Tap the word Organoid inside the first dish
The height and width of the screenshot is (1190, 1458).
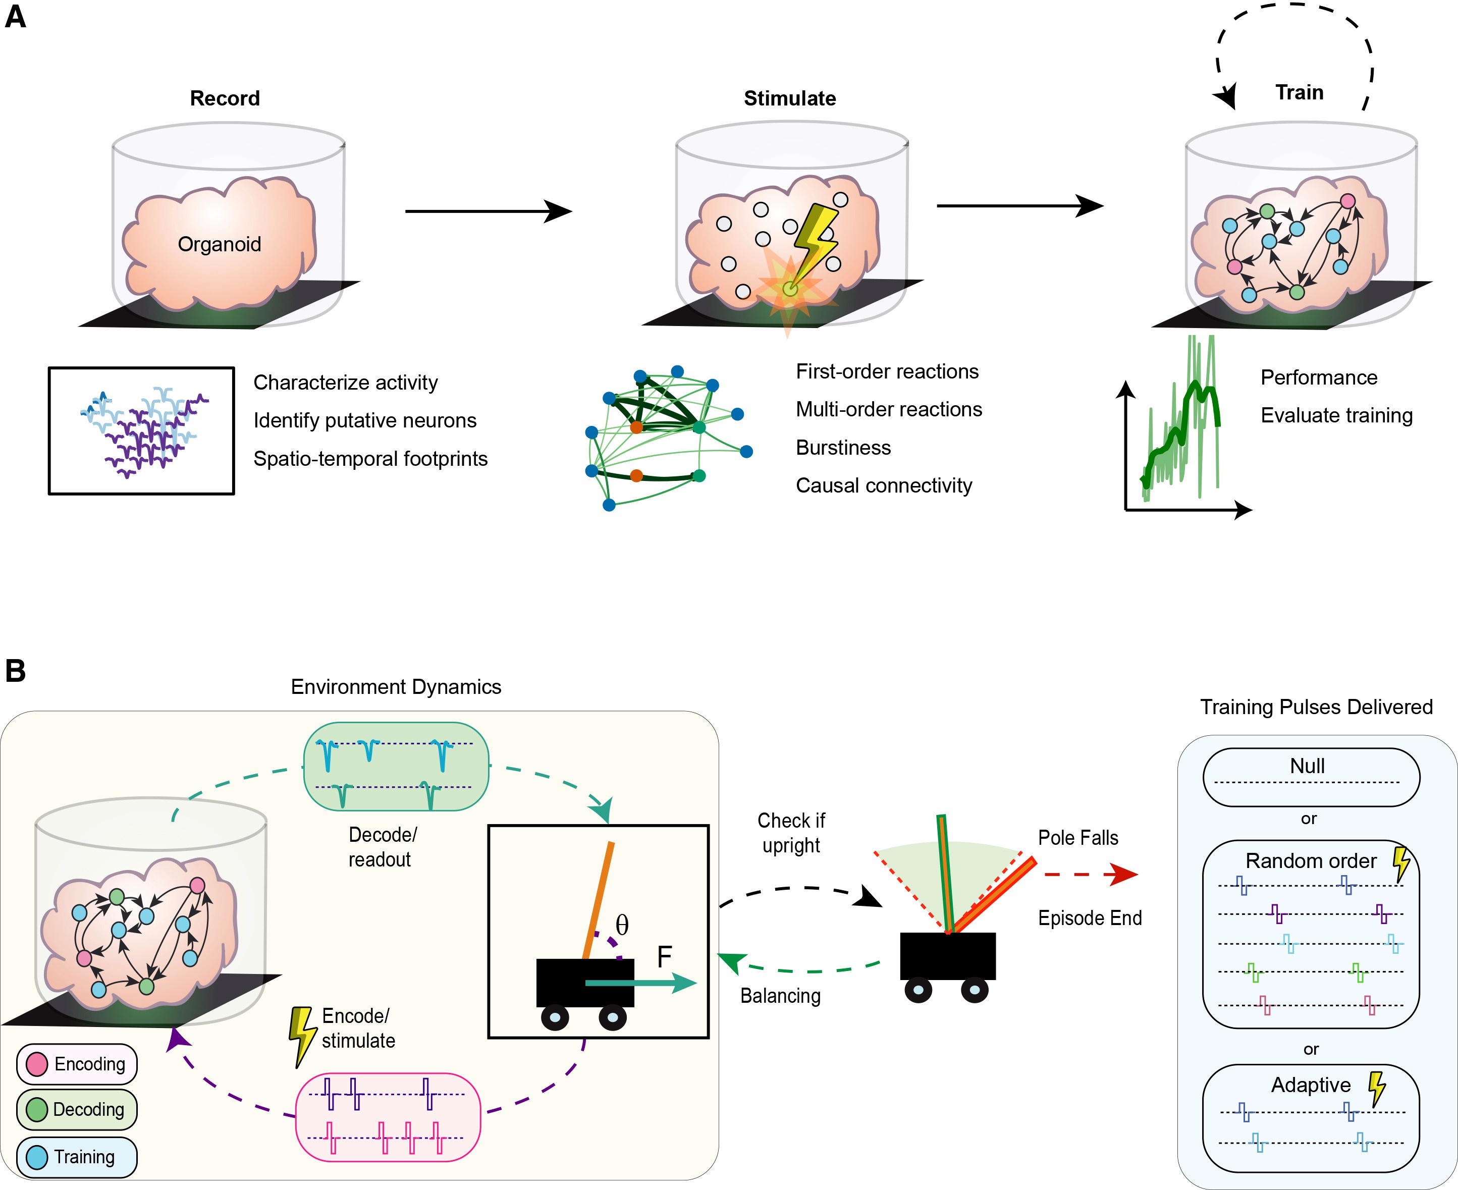(220, 244)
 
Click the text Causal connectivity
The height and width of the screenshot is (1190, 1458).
(884, 485)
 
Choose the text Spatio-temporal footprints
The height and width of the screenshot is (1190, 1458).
(370, 459)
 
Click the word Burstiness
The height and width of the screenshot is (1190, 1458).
(843, 448)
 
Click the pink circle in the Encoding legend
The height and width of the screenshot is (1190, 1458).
(36, 1064)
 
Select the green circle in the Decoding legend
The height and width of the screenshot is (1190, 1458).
(36, 1109)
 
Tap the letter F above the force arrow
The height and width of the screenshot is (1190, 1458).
(664, 956)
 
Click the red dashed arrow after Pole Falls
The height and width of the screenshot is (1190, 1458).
(1091, 874)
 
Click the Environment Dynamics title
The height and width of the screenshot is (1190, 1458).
(396, 687)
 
